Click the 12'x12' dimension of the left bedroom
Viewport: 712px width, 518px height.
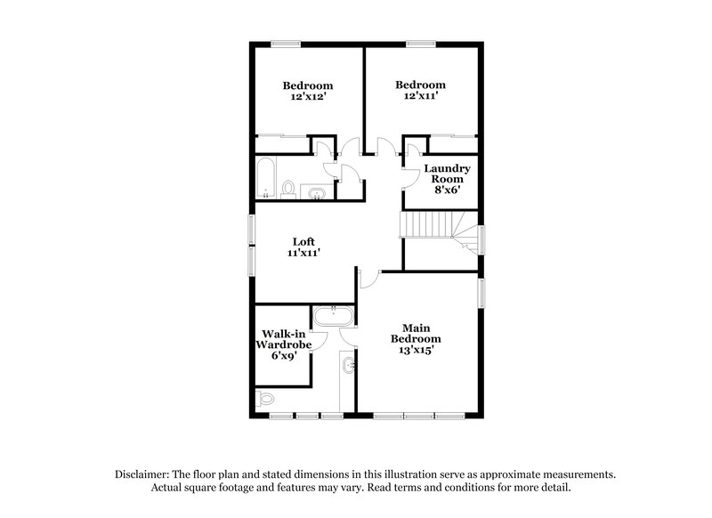307,97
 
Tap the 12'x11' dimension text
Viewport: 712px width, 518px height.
420,96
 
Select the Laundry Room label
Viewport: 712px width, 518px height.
446,174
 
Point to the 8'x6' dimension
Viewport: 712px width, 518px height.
446,190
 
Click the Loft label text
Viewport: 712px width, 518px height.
304,241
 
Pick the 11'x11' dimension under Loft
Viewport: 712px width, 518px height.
303,254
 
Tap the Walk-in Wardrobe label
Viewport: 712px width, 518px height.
284,339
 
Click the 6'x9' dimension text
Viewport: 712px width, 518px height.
284,355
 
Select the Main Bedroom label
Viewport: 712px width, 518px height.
416,333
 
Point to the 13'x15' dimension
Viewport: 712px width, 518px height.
416,351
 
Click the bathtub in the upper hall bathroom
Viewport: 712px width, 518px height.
265,178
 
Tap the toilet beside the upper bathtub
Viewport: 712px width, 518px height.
288,189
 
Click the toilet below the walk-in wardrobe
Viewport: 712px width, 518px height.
265,398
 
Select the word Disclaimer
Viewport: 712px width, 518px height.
146,475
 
